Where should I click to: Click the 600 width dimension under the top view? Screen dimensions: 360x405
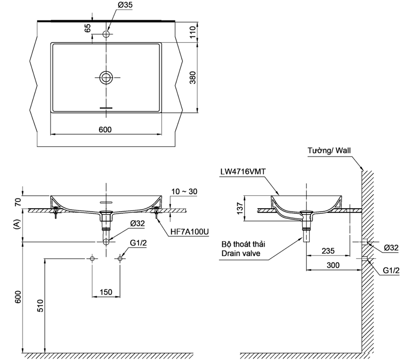tap(105, 129)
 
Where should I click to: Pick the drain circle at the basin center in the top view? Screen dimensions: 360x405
tap(107, 77)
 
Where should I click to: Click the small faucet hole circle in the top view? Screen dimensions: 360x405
tap(107, 33)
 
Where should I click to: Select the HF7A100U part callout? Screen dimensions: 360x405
tap(189, 231)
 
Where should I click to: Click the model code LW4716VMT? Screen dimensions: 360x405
tap(243, 171)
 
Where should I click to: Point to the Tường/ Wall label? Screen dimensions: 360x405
tap(329, 150)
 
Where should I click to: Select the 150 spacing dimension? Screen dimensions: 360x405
tap(106, 292)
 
